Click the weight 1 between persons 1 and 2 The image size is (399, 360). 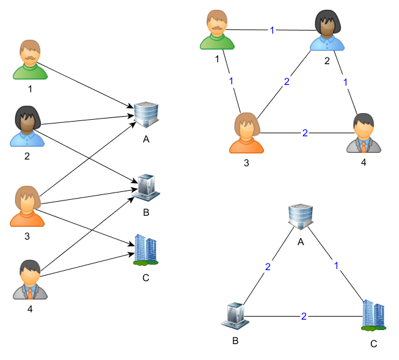point(272,30)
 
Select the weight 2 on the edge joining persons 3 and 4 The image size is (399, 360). point(304,132)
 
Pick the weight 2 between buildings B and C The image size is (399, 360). point(304,316)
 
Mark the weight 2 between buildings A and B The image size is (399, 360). point(268,266)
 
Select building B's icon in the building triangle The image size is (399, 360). point(235,314)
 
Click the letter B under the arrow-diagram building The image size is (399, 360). point(146,213)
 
